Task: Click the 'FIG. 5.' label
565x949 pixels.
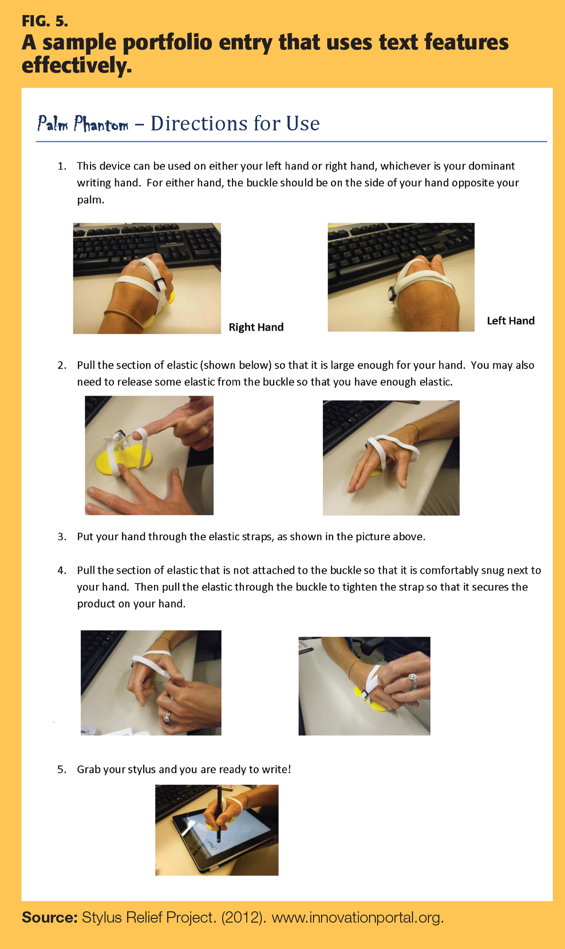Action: point(45,21)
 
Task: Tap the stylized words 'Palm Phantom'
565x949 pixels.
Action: point(83,124)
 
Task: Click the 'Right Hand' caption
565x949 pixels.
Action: point(256,327)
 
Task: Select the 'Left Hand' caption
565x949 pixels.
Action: point(511,321)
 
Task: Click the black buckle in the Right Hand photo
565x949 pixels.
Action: point(160,284)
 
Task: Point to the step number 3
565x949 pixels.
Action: point(62,537)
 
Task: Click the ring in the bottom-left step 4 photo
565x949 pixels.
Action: point(167,717)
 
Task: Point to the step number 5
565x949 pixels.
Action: point(62,770)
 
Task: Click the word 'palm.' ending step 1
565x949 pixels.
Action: point(91,200)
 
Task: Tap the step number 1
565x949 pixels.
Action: point(62,166)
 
